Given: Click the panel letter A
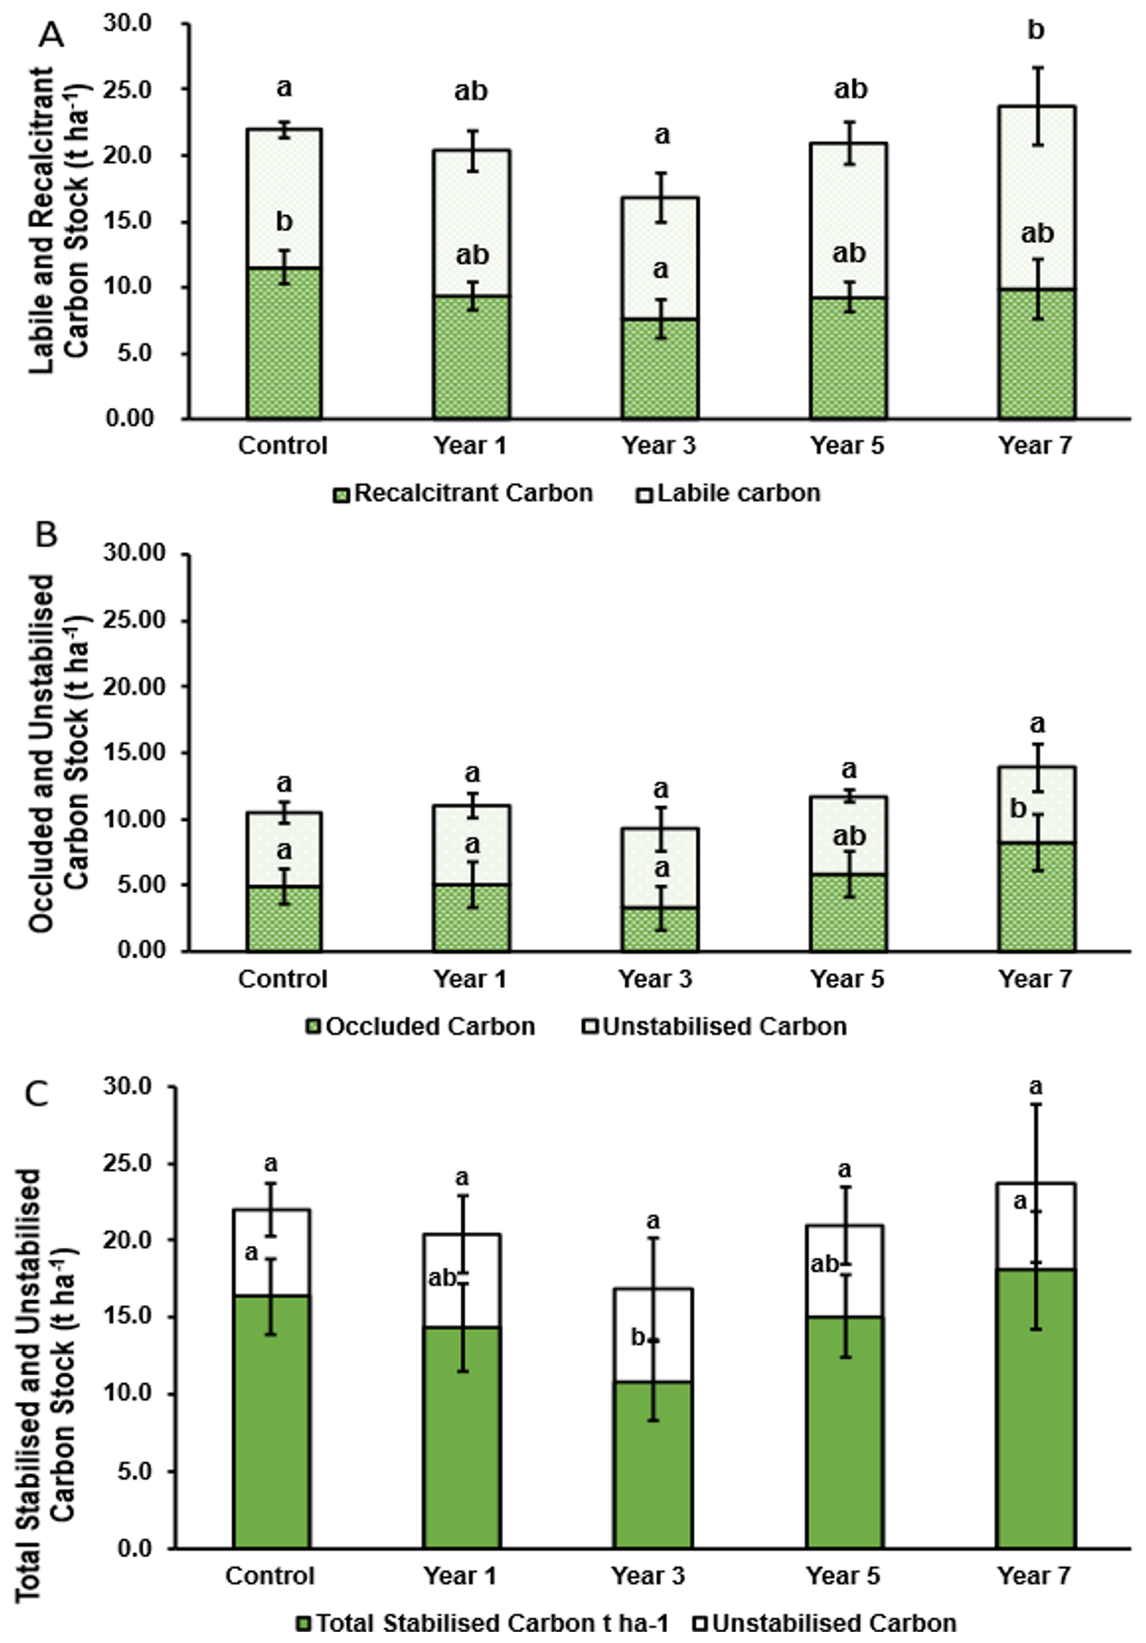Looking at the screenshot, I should [51, 34].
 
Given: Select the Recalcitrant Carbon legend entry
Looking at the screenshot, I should [463, 494].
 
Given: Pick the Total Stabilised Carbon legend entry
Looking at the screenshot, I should [482, 1623].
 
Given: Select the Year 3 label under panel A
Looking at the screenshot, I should [659, 446].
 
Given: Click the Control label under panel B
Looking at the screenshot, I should [283, 979].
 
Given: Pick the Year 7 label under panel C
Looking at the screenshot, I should [1034, 1576].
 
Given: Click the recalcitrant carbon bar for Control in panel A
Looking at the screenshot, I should [284, 343].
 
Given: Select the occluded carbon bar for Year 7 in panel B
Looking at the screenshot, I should [1036, 898].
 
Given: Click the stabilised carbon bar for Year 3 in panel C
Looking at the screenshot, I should [652, 1467].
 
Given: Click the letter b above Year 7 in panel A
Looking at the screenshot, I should [1036, 31].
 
